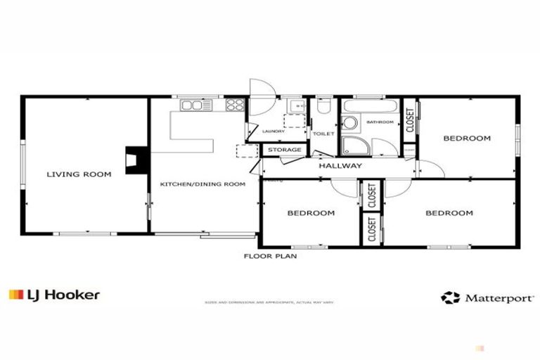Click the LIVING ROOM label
tap(79, 174)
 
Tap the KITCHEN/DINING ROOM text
tap(202, 184)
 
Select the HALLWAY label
tap(340, 166)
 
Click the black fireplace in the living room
tap(133, 160)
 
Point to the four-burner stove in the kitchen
tap(235, 105)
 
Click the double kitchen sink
tap(192, 105)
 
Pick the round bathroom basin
tap(349, 123)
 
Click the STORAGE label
tap(284, 150)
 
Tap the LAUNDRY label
tap(273, 131)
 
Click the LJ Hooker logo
tap(54, 295)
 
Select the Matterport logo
tap(487, 297)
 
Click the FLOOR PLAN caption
tap(270, 257)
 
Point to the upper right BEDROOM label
tap(466, 139)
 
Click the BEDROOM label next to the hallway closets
tap(311, 212)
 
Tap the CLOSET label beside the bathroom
tap(410, 120)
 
